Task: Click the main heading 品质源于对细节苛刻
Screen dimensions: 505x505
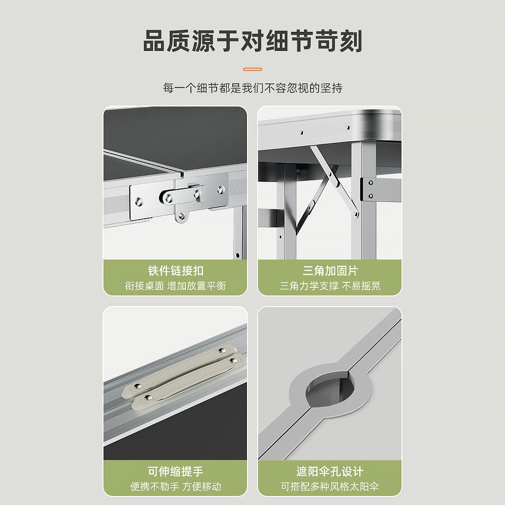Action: [252, 41]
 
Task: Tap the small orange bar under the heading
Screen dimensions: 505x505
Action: [252, 69]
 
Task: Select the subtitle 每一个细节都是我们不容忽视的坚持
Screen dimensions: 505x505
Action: [252, 88]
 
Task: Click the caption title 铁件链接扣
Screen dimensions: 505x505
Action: [175, 271]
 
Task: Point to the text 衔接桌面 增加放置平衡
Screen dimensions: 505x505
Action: [175, 286]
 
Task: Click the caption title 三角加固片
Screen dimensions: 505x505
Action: [330, 271]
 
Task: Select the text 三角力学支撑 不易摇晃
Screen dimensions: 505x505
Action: [330, 286]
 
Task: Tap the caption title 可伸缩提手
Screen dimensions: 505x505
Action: [175, 472]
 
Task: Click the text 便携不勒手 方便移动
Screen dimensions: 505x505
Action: [175, 487]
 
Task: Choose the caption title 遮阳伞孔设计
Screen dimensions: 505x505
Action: [330, 472]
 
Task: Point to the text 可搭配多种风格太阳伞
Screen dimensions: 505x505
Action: [330, 487]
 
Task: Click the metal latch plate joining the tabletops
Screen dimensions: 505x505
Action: [179, 195]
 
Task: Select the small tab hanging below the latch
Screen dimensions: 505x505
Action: [181, 216]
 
